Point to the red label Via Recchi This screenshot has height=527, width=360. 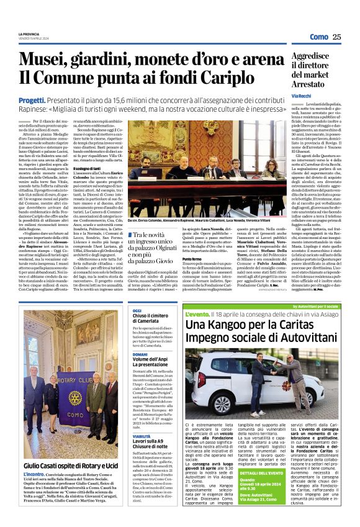[x=302, y=96]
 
